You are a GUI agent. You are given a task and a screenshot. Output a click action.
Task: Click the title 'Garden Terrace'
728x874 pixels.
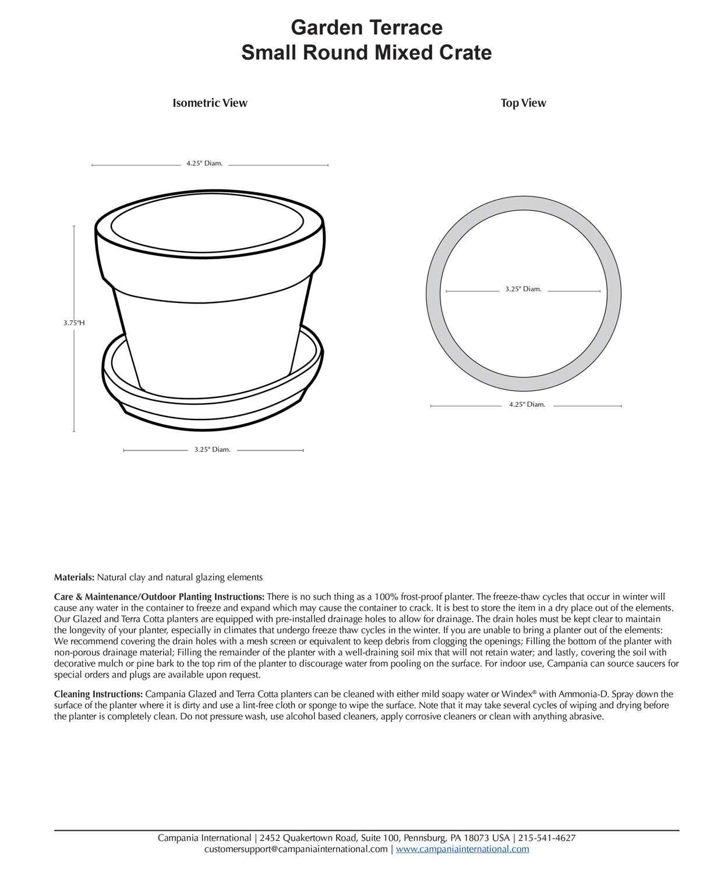coord(366,27)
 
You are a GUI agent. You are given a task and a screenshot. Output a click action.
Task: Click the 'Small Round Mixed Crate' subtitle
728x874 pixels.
coord(366,52)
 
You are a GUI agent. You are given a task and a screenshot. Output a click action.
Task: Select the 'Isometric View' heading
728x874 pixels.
coord(210,103)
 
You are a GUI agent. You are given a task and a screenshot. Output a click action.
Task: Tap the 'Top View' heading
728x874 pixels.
coord(523,103)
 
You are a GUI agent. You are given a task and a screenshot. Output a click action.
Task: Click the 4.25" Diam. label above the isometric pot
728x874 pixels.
coord(204,164)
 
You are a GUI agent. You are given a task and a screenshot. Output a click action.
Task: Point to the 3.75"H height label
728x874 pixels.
coord(74,323)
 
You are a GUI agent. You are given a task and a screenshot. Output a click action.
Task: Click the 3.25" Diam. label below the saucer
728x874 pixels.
coord(213,450)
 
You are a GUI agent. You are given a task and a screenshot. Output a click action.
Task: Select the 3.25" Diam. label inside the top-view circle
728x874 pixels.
coord(523,289)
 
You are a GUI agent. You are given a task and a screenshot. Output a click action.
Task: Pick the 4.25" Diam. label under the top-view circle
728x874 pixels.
coord(527,404)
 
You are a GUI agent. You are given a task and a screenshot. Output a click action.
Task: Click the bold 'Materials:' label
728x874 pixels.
coord(74,577)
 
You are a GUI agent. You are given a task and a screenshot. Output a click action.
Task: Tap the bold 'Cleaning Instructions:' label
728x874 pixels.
coord(98,695)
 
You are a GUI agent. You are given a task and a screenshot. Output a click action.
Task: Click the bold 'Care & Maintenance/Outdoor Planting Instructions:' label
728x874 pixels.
coord(159,597)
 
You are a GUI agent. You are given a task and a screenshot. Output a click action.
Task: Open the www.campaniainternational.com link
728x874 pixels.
coord(462,850)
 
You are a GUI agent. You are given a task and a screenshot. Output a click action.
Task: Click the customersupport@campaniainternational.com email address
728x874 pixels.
coord(296,850)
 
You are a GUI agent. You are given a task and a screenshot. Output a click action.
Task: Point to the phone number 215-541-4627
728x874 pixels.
coord(547,838)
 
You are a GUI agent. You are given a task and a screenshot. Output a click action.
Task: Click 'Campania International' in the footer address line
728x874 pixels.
coord(204,838)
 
